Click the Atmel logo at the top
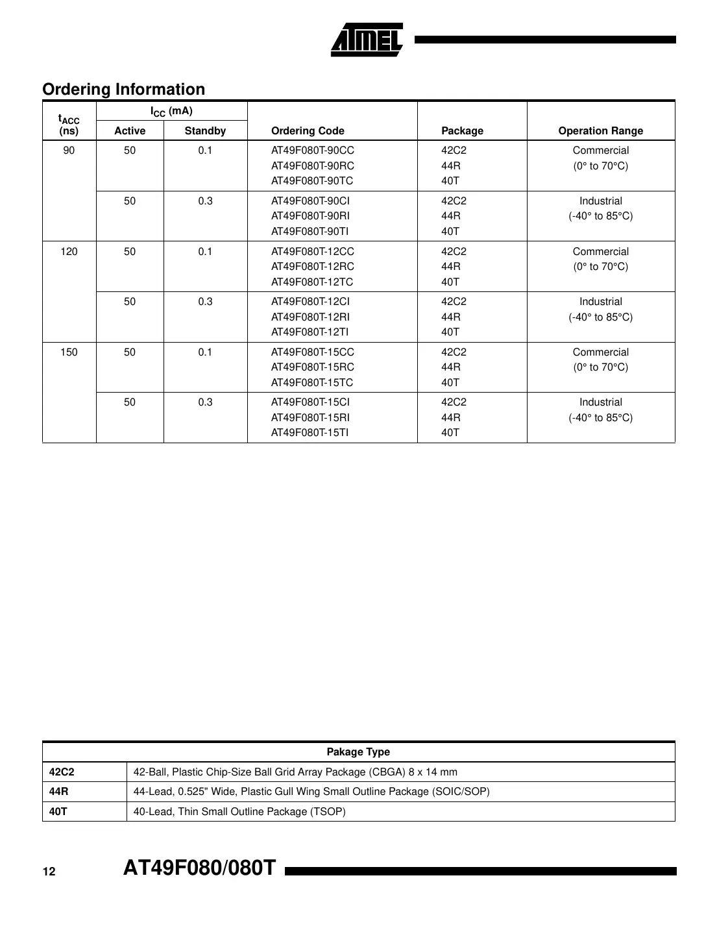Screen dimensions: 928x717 click(367, 40)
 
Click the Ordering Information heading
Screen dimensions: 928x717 click(123, 90)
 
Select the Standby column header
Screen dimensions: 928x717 click(205, 131)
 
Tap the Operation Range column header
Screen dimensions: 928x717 click(600, 131)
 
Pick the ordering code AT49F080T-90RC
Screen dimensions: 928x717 click(312, 166)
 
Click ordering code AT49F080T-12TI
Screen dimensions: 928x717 click(310, 332)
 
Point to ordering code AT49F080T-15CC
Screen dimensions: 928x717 click(312, 352)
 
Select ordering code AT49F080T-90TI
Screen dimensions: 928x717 click(310, 232)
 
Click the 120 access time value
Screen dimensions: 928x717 click(69, 252)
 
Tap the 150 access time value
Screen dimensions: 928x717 click(69, 352)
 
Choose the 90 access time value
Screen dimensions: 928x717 click(69, 151)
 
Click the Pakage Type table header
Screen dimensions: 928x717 click(358, 752)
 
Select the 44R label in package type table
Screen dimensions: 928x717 click(59, 792)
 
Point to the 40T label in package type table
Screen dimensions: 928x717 click(58, 812)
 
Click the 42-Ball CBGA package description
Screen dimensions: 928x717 click(295, 772)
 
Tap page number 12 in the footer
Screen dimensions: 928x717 click(49, 872)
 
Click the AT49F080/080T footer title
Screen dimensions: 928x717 click(200, 868)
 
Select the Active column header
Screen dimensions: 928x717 click(130, 131)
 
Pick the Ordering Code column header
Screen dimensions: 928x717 click(308, 131)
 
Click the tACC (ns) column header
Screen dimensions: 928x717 click(69, 125)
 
